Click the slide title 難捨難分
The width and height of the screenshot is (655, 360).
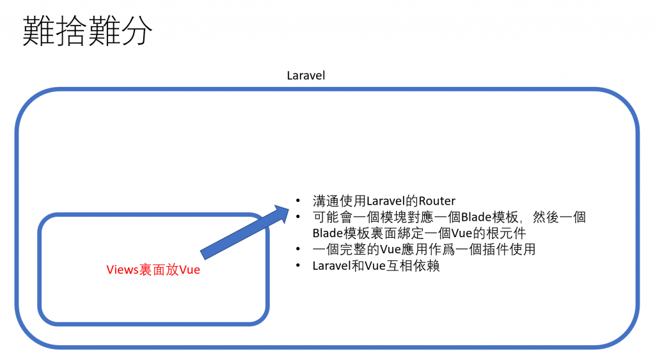88,32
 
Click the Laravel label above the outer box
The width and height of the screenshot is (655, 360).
306,75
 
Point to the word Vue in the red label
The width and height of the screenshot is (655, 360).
190,270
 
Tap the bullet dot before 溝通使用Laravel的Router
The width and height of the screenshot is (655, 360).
299,201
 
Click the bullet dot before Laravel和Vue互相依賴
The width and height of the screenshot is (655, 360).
299,266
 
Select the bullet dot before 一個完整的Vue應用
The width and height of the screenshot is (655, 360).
299,249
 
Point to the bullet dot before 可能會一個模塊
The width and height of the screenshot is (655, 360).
299,217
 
